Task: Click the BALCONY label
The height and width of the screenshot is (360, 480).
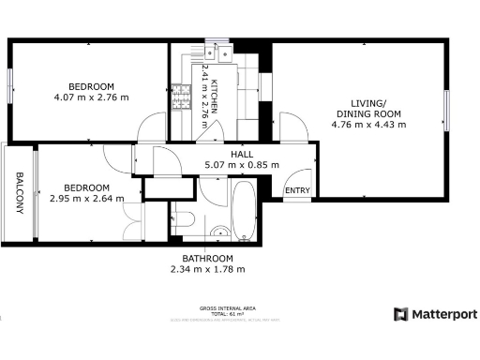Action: pos(19,192)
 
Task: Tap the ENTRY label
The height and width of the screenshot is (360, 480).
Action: pos(298,190)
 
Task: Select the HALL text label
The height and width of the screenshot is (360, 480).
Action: pos(242,154)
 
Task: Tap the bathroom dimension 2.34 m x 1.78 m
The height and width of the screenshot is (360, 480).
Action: pos(207,269)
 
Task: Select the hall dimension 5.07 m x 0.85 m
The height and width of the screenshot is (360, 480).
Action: pos(242,165)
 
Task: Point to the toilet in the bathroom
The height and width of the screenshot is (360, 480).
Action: pos(184,219)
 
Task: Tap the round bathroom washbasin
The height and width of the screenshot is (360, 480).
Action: pos(220,231)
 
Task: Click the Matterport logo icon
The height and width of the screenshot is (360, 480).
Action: pos(400,315)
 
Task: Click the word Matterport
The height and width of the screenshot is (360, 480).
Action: pos(444,315)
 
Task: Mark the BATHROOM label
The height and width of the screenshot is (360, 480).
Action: pos(207,258)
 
